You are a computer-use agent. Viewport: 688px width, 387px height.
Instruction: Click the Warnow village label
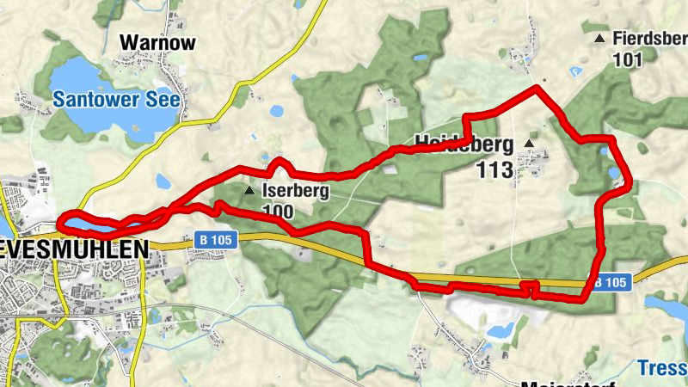[x=158, y=42]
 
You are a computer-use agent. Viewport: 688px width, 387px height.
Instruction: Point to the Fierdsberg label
[x=649, y=39]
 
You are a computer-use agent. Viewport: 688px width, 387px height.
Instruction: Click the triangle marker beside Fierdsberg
[x=599, y=39]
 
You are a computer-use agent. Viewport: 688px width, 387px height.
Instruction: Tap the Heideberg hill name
[x=464, y=143]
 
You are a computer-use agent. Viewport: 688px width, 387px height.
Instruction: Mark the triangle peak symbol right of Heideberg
[x=529, y=143]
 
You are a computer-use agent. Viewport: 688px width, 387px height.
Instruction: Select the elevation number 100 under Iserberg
[x=275, y=212]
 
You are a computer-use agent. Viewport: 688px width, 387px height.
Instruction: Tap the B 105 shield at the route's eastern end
[x=610, y=281]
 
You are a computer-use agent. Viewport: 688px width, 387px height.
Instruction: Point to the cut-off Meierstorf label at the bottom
[x=559, y=382]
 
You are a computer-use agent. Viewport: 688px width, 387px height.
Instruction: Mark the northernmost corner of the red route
[x=537, y=87]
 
